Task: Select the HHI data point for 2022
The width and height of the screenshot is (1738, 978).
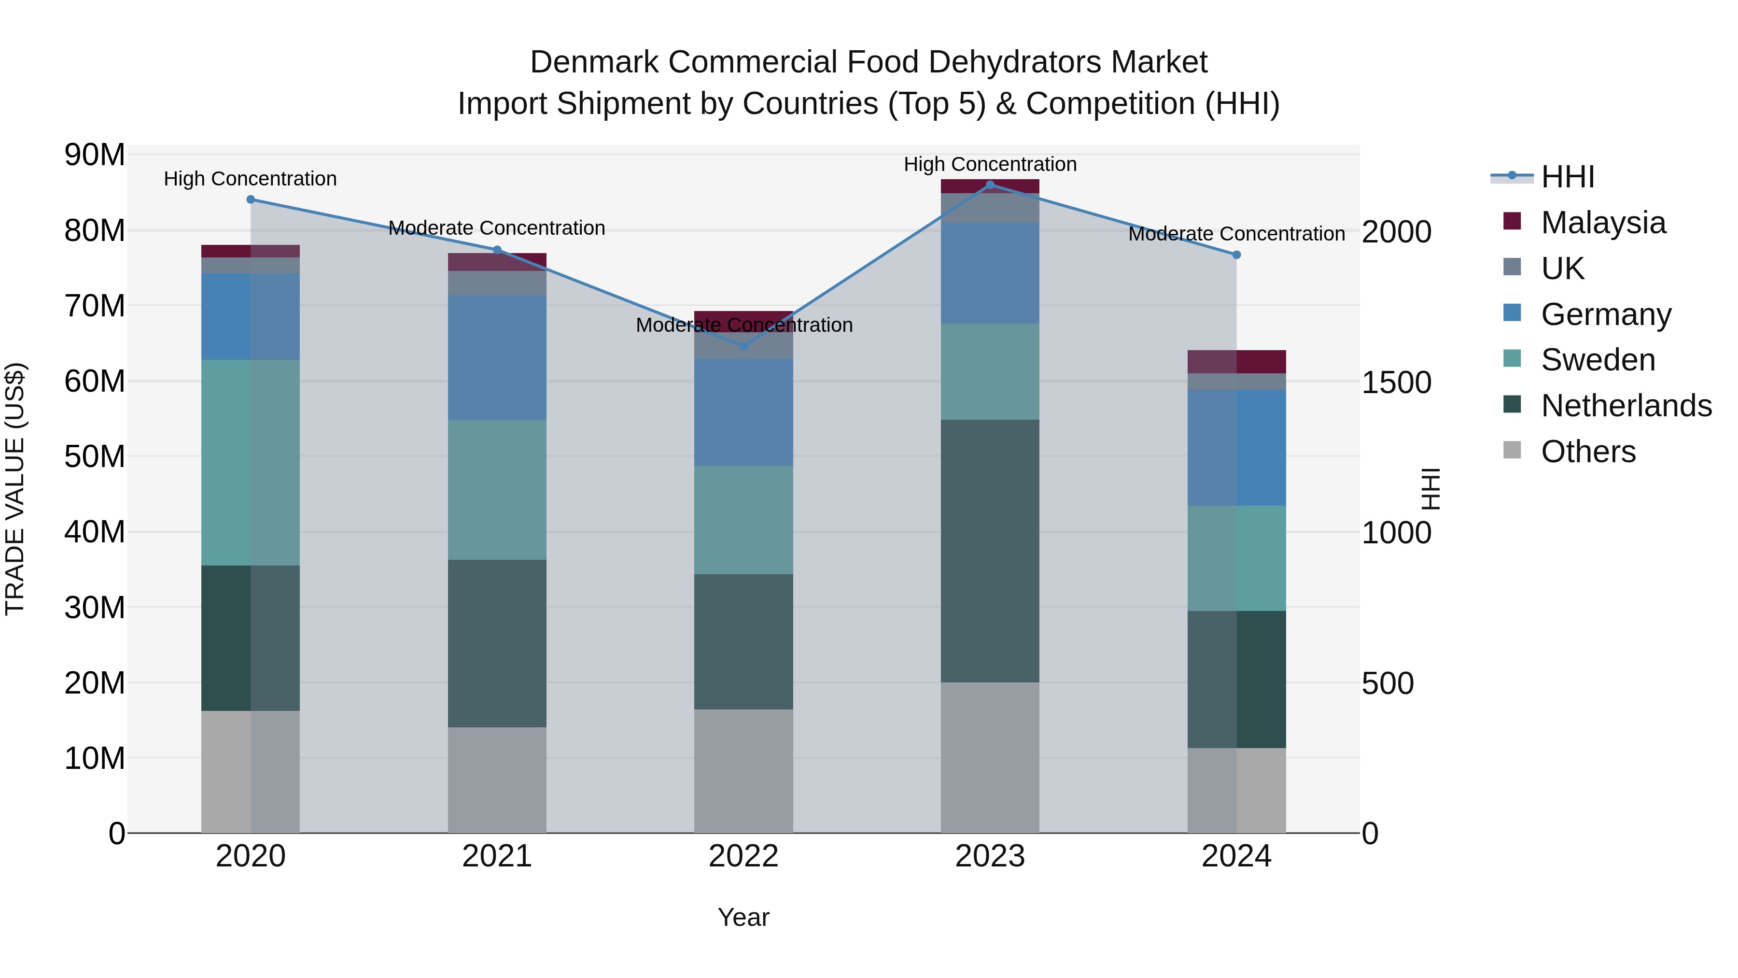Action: [x=743, y=346]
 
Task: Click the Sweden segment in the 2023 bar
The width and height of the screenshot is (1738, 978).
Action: [x=990, y=371]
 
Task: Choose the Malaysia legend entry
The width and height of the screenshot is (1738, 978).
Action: [x=1602, y=223]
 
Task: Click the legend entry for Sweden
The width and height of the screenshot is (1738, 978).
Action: [x=1597, y=360]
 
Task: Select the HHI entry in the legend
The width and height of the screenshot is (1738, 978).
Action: [x=1567, y=177]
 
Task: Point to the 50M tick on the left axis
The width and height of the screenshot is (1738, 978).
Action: [x=95, y=457]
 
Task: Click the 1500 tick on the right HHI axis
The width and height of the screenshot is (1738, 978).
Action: [x=1396, y=383]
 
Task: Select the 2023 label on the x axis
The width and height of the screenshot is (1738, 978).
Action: [x=990, y=856]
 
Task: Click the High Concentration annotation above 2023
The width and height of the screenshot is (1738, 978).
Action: [x=990, y=164]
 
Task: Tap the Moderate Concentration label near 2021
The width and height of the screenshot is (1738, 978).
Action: [x=497, y=228]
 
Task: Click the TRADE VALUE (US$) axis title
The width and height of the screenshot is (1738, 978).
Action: [x=15, y=489]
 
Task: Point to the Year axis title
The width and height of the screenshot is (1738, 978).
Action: [x=743, y=917]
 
